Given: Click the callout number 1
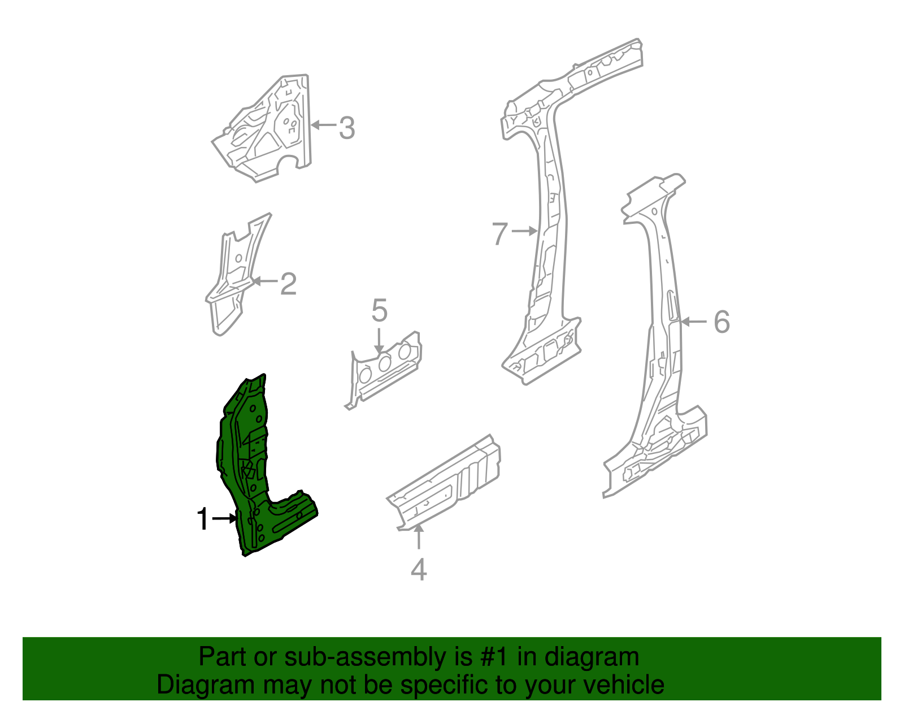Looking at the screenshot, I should coord(203,519).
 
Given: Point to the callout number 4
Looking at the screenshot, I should coord(419,570).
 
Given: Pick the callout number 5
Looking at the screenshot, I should coord(380,311).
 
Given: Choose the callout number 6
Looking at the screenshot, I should coord(722,322).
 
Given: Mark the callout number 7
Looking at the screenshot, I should coord(500,233).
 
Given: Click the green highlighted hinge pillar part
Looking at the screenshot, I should coord(249,464).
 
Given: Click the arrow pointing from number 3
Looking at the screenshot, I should coord(323,125).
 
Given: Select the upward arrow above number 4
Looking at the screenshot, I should coord(418,537).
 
